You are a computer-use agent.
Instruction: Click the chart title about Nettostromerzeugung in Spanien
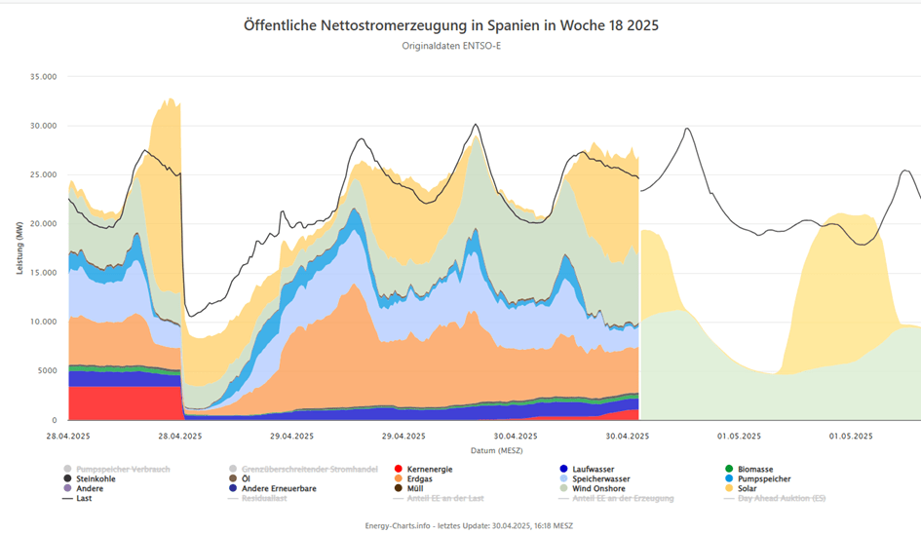451,25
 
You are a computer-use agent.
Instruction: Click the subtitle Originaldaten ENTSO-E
451,46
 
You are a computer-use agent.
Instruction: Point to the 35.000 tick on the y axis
43,76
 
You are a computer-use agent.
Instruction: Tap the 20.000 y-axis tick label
43,223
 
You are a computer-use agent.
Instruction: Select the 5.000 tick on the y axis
47,370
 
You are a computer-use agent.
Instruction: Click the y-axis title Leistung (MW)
19,247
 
